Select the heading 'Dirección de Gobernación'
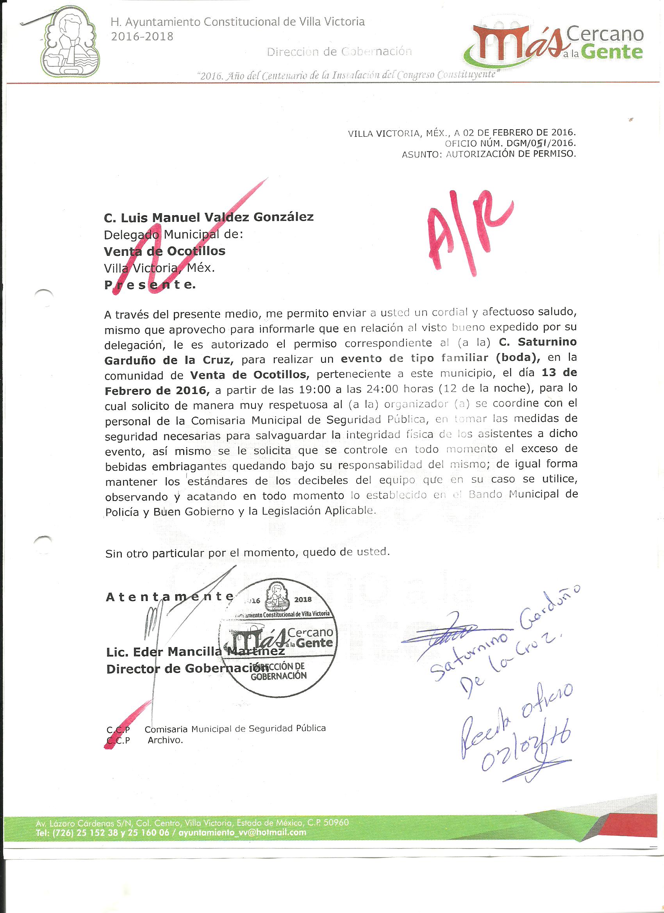tap(339, 52)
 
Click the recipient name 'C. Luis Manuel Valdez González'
tap(209, 218)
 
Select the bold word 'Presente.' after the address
tap(150, 285)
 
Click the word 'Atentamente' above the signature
tap(169, 597)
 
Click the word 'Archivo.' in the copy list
tap(165, 740)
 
